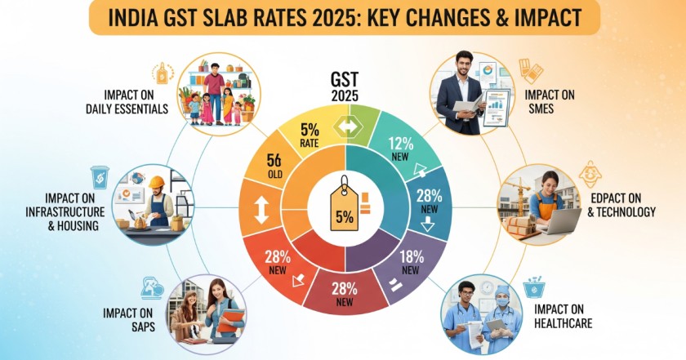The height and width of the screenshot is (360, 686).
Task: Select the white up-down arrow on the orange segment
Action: [x=261, y=210]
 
